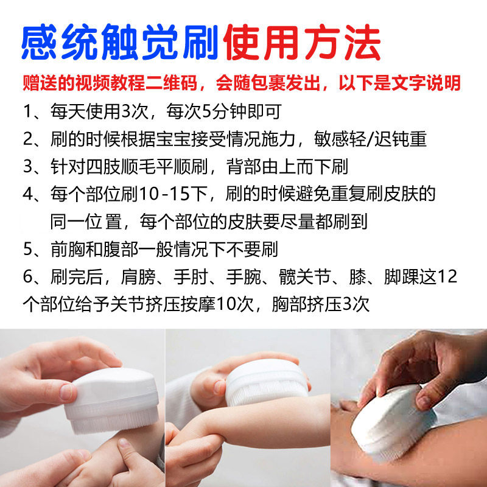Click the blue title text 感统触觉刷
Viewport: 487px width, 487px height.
coord(119,42)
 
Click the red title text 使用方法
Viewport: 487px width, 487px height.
coord(302,42)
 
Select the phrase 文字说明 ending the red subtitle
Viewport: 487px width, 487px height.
coord(426,83)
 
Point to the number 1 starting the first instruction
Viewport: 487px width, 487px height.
coord(27,111)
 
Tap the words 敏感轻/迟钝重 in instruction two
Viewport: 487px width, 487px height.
coord(370,139)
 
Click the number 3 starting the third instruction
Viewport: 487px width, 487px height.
coord(27,166)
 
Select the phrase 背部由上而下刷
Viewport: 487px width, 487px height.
coord(287,166)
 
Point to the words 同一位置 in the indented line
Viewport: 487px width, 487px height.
coord(86,221)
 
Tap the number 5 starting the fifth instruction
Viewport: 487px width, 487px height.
coord(27,249)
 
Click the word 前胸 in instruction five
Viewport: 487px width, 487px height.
coord(68,249)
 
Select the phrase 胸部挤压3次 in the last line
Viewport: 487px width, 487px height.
coord(321,304)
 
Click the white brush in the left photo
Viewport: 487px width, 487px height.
coord(111,400)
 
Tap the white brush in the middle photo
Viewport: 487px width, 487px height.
coord(267,383)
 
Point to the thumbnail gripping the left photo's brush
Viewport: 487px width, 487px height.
coord(68,392)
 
